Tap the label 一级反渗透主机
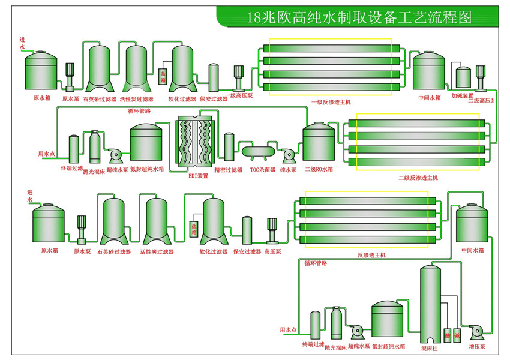[330, 101]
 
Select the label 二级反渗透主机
[419, 178]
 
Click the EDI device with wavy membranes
[194, 144]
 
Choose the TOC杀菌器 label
[262, 170]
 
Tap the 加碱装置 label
[463, 96]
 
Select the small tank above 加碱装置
[463, 76]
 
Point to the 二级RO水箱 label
[319, 170]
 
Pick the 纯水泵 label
[289, 170]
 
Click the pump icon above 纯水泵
[289, 155]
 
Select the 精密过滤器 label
[228, 170]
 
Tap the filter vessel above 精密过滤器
[229, 147]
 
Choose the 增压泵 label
[478, 347]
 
